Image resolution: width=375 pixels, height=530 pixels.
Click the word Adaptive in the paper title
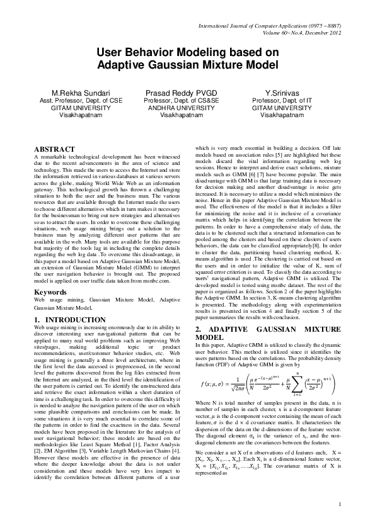point(125,65)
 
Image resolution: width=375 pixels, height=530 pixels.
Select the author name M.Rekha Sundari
point(72,93)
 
